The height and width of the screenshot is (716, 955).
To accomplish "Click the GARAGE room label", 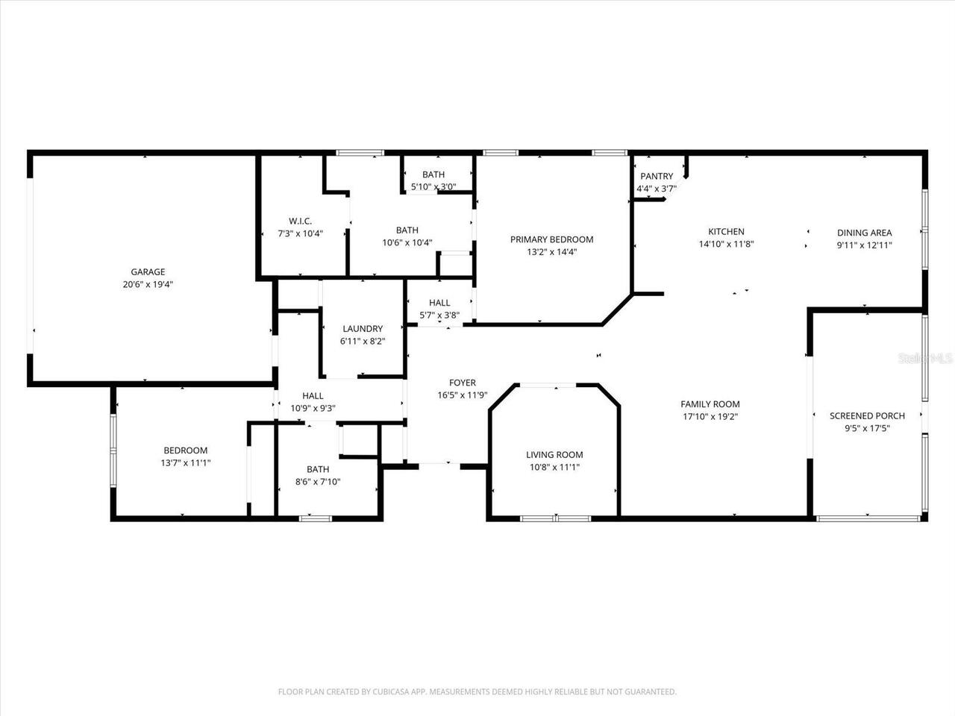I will [148, 272].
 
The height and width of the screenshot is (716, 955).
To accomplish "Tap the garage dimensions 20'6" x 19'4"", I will [148, 284].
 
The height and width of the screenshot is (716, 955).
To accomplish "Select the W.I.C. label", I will [300, 222].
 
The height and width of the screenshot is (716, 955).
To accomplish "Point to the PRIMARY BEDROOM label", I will [551, 239].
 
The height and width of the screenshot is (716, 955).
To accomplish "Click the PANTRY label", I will [657, 177].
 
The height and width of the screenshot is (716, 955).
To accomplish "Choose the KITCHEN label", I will [726, 232].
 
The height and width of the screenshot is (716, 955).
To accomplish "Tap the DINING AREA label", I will [864, 233].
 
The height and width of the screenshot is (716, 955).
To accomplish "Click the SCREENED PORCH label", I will [867, 416].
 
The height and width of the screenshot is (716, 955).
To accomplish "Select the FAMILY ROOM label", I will [710, 404].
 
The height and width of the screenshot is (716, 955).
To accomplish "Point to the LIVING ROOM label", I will [554, 455].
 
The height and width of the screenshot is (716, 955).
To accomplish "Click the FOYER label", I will [462, 383].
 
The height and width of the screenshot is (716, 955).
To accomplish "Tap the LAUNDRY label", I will [363, 329].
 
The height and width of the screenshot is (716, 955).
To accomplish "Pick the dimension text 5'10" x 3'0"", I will [433, 187].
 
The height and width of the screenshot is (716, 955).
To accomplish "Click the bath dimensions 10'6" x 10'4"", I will [407, 242].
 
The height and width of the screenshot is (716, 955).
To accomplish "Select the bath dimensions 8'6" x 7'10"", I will [318, 481].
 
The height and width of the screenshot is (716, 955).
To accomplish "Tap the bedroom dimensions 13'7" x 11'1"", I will [186, 462].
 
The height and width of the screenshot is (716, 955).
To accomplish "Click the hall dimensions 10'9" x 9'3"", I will [313, 408].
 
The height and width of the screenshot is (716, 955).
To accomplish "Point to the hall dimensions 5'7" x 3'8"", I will [439, 315].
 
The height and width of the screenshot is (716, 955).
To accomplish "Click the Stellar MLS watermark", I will [925, 359].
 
